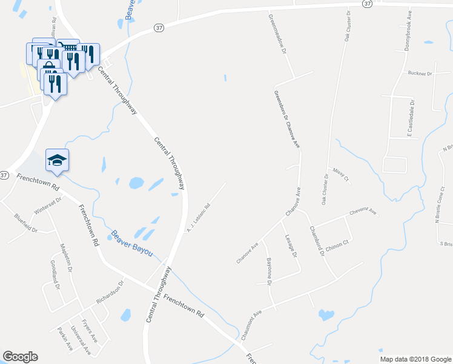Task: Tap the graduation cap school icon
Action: (x=57, y=160)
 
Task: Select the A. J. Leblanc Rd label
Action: (x=198, y=217)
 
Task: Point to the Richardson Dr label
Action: (x=110, y=292)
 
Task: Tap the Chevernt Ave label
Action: (x=362, y=213)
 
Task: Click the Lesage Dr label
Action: (x=291, y=246)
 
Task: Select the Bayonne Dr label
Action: (x=269, y=271)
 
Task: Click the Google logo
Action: (x=20, y=357)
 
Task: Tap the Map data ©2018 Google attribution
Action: (x=415, y=359)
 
